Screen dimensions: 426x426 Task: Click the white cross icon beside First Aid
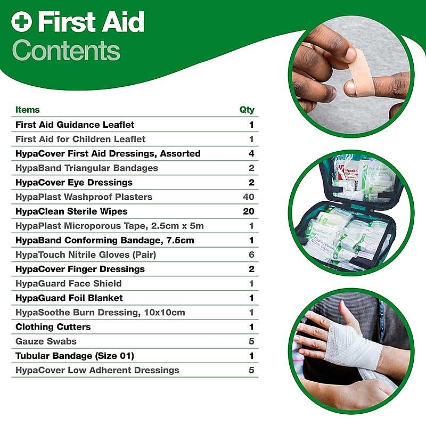(21, 22)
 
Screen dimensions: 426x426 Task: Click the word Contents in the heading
(66, 51)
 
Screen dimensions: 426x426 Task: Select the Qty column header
(247, 110)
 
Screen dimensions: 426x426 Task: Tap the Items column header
(28, 110)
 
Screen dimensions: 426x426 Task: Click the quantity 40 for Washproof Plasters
(249, 196)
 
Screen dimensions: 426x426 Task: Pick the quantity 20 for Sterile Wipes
(249, 211)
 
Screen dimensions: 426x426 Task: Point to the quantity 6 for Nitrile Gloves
(251, 255)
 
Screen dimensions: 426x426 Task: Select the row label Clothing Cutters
(53, 327)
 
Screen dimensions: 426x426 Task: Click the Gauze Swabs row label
(46, 341)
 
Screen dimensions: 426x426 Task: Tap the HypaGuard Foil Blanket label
(69, 298)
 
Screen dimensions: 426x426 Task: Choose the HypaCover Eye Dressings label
(74, 183)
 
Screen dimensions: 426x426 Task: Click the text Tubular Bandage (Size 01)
(75, 356)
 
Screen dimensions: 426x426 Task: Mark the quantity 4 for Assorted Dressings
(251, 153)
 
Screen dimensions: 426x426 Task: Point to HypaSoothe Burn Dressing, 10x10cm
(100, 313)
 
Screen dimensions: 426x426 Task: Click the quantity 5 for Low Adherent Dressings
(251, 370)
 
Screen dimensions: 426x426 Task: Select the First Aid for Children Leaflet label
(80, 139)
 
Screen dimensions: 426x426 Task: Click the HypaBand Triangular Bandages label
(87, 168)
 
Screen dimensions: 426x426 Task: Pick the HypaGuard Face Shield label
(69, 284)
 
